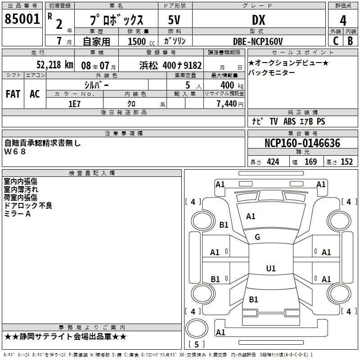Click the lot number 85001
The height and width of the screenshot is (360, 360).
(22, 19)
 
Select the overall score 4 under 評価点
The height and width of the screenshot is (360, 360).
(343, 20)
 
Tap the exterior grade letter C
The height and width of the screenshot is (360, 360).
(336, 41)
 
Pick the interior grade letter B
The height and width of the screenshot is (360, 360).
(351, 41)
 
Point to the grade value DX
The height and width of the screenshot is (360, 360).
(258, 20)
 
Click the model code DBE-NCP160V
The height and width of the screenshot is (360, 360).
(257, 41)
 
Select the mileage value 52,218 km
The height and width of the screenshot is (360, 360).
(55, 65)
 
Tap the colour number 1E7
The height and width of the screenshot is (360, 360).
(74, 104)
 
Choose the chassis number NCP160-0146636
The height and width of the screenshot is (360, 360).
(302, 143)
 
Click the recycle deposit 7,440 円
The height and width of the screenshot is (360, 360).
(230, 104)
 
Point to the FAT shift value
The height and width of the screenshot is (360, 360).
(13, 94)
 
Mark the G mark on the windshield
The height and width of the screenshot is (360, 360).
(257, 237)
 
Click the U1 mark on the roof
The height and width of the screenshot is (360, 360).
(271, 268)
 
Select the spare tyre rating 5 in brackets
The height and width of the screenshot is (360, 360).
(197, 344)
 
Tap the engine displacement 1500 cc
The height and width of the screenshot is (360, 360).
(141, 41)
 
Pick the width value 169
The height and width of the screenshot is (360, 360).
(310, 162)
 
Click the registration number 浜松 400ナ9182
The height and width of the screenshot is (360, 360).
(171, 65)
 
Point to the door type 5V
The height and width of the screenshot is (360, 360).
(174, 20)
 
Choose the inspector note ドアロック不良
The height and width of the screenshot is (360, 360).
(28, 206)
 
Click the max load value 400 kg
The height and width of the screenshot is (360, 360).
(232, 85)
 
